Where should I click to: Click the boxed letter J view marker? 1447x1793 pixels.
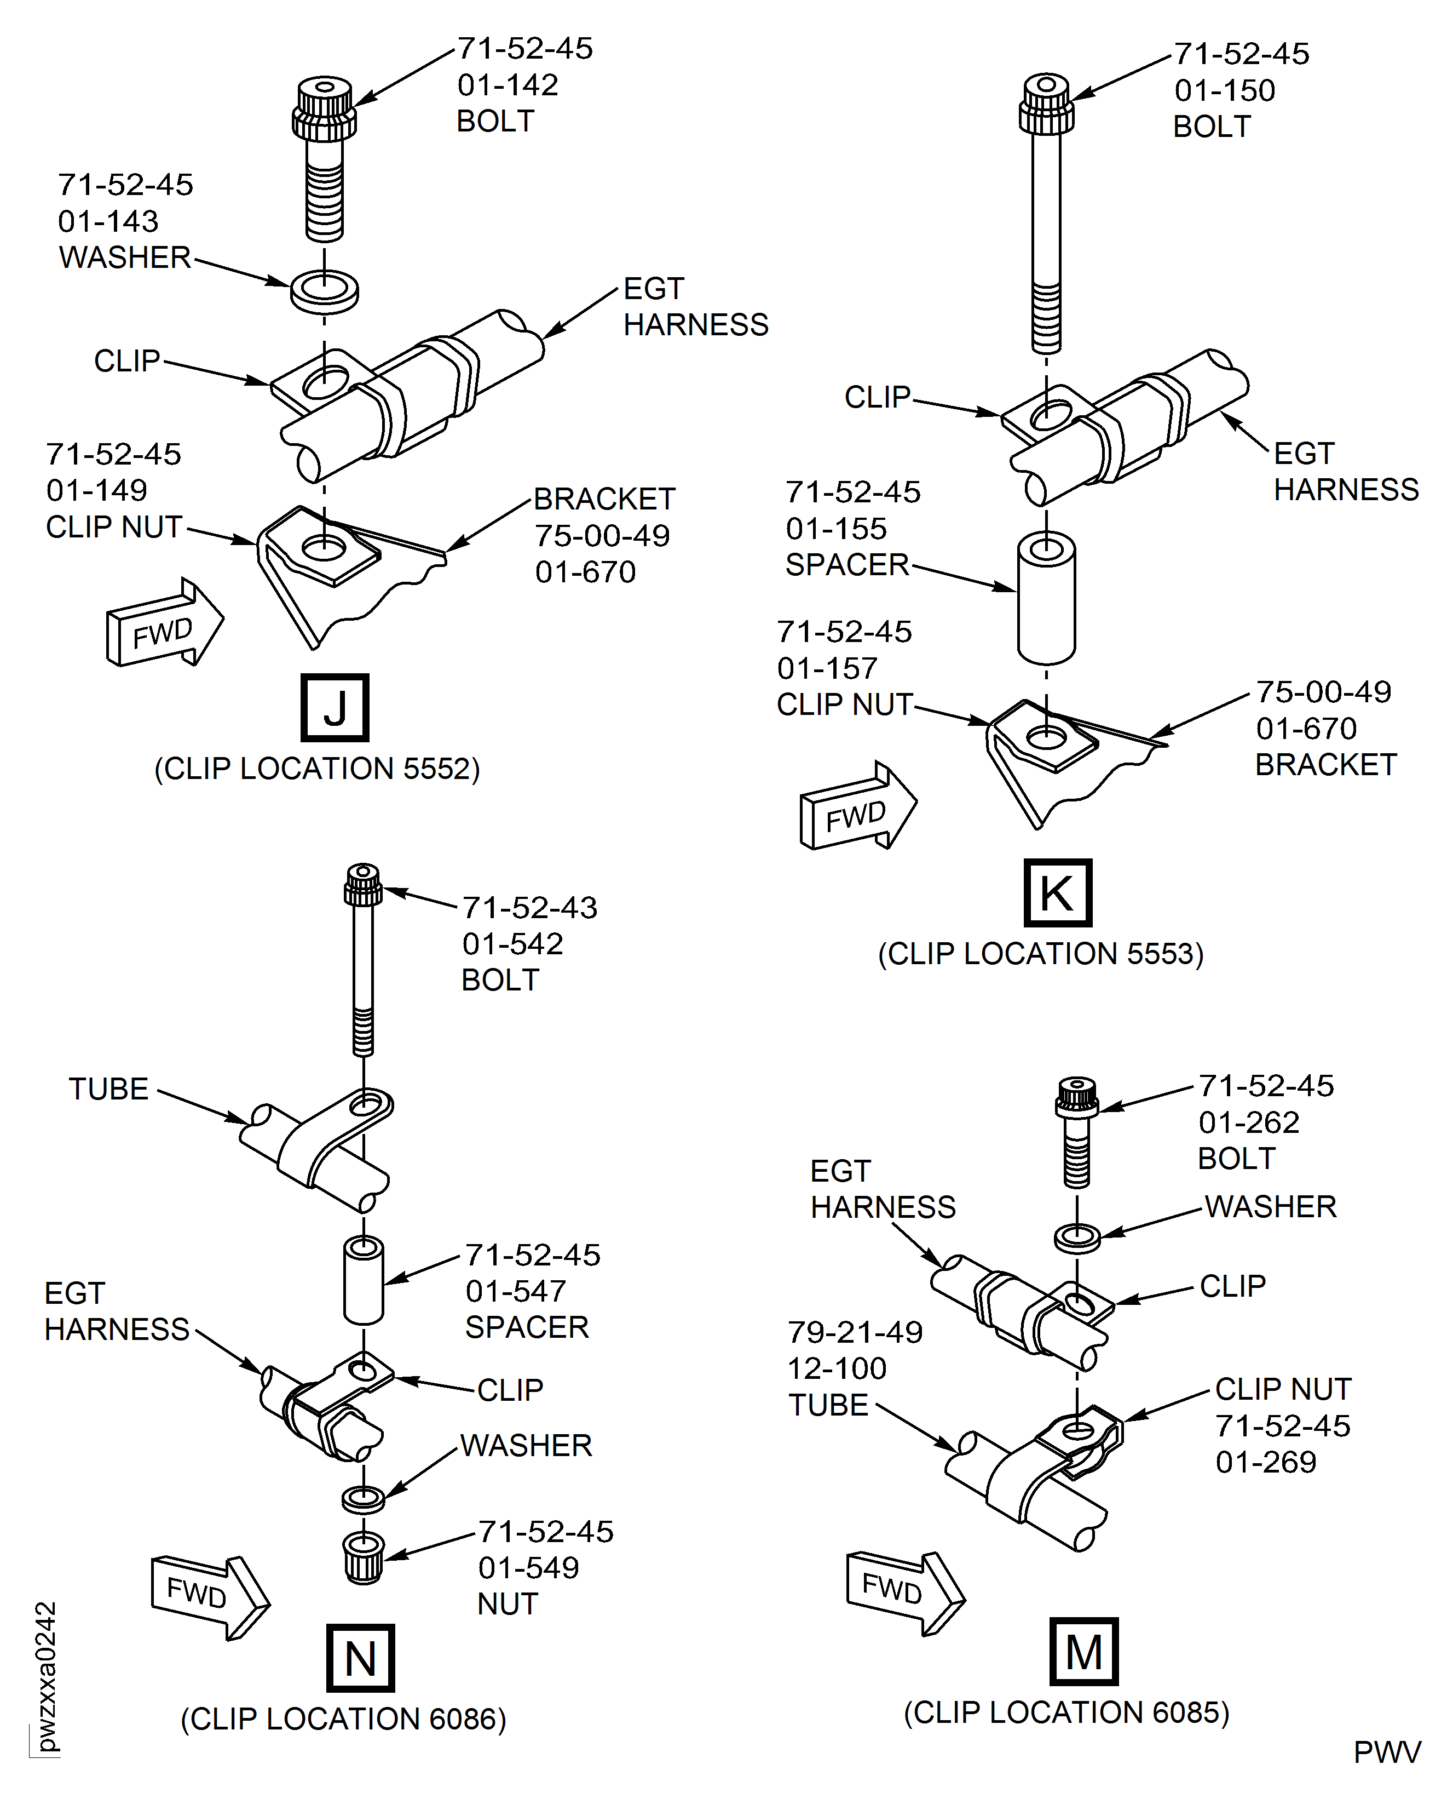pos(335,707)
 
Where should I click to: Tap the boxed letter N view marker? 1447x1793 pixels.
pos(360,1657)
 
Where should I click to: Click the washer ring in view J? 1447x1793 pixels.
pos(324,291)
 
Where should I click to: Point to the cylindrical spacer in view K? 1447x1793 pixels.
pos(1046,598)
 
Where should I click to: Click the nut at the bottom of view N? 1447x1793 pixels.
pos(364,1556)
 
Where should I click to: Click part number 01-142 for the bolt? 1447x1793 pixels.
pos(508,85)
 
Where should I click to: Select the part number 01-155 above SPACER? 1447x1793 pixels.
pos(836,528)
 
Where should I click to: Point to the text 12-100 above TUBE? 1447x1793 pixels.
pos(837,1368)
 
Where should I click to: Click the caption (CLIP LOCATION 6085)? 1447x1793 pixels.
pos(1066,1712)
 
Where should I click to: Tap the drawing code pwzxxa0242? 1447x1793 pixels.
pos(47,1676)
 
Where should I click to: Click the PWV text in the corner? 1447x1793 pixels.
pos(1386,1752)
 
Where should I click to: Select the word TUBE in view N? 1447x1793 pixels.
pos(108,1089)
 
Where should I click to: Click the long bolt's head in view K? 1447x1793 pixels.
pos(1046,104)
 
